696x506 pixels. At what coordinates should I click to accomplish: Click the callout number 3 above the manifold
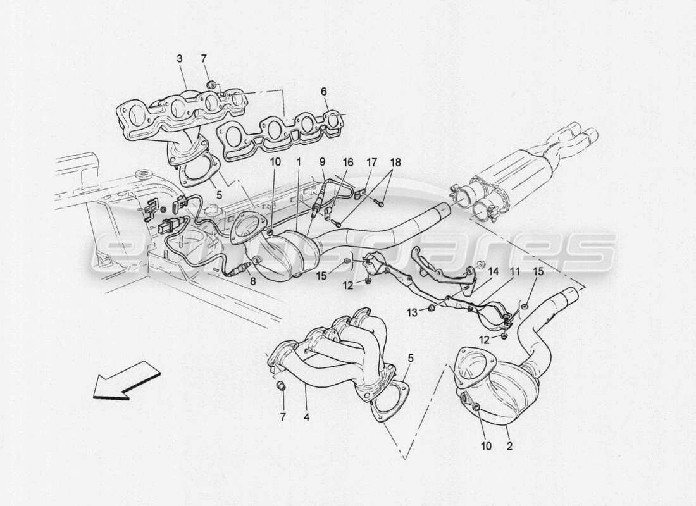(x=179, y=58)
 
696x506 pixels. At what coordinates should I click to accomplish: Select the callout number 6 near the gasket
(x=324, y=92)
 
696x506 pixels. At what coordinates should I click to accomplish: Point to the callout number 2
(x=509, y=445)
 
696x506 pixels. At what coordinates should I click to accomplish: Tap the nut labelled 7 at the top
(x=213, y=84)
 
